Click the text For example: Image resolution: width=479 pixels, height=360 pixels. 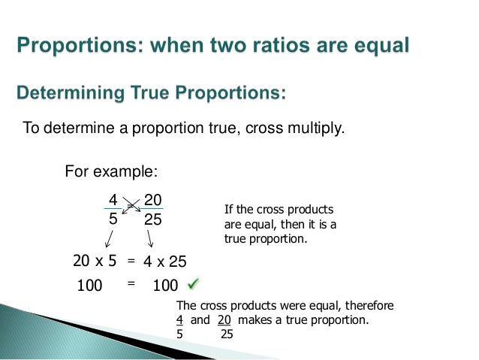click(111, 171)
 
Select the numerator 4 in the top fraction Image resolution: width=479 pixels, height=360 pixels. click(113, 201)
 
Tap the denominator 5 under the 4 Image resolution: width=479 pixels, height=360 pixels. click(113, 222)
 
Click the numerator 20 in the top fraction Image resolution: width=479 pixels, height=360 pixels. click(153, 201)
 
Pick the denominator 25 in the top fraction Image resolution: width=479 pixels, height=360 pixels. click(153, 222)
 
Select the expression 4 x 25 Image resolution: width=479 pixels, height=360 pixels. click(164, 262)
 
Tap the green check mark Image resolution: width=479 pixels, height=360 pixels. click(194, 284)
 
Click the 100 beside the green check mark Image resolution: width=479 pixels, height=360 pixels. click(164, 286)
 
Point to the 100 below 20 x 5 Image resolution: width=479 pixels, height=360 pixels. click(89, 286)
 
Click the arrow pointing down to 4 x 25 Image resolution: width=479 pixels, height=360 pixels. click(150, 239)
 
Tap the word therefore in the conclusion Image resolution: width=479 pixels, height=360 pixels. click(366, 306)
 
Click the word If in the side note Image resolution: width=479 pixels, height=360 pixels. click(229, 210)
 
